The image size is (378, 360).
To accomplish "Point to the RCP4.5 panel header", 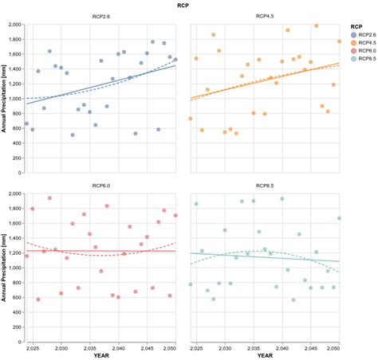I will tap(265, 17).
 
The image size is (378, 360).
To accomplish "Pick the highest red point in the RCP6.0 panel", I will tap(49, 198).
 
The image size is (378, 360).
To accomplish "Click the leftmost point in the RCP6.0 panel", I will tap(26, 256).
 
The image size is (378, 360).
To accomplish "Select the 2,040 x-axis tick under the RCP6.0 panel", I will tap(118, 348).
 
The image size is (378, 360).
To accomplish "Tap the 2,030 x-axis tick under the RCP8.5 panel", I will tap(225, 348).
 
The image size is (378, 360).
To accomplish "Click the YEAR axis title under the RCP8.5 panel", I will tap(265, 356).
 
